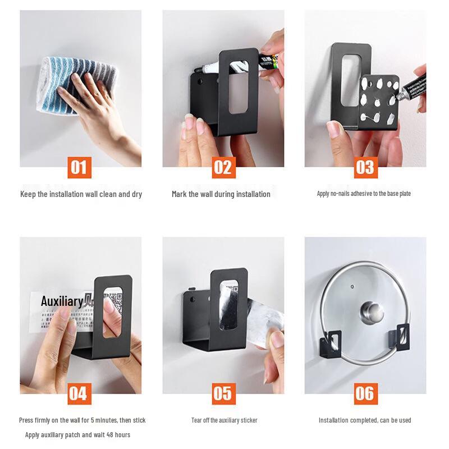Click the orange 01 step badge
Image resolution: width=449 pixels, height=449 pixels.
[79, 167]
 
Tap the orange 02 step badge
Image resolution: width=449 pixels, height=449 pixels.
[223, 167]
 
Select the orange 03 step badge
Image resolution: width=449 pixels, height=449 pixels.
[365, 167]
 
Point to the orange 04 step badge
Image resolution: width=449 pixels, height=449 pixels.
[79, 393]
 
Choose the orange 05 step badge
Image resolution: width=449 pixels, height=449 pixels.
[223, 393]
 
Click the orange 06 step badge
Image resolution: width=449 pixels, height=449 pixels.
[365, 393]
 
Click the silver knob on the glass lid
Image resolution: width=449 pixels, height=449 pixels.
[372, 312]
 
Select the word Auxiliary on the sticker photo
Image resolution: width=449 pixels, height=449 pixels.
[62, 301]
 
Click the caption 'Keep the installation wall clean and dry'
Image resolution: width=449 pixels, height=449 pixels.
[81, 194]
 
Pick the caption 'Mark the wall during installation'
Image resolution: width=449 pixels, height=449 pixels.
[221, 194]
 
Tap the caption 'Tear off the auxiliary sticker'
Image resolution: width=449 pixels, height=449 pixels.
[224, 420]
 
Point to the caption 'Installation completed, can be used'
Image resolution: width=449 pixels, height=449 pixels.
[365, 420]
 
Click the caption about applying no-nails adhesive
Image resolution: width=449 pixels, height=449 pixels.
[364, 194]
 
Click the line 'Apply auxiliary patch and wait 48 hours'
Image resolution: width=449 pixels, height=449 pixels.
[77, 435]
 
